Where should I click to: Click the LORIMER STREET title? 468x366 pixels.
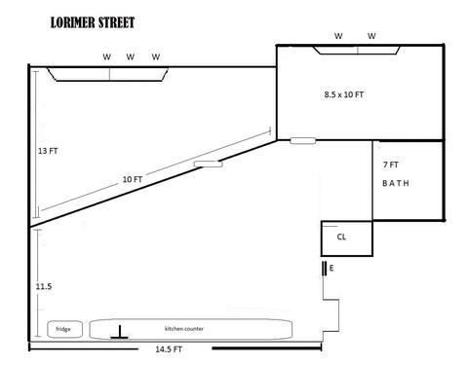(x=93, y=22)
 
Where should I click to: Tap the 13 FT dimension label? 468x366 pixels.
(x=48, y=151)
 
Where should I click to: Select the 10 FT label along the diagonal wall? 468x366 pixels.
(x=133, y=179)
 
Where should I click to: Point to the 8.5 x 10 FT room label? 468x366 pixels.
(x=344, y=94)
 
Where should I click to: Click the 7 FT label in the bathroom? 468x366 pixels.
(x=391, y=165)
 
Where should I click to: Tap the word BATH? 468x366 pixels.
(x=396, y=183)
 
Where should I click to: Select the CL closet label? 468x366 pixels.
(x=341, y=237)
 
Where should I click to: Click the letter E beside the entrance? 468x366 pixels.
(x=331, y=268)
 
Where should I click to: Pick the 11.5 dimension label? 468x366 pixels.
(x=44, y=286)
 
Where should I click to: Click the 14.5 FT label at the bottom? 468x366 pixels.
(x=169, y=349)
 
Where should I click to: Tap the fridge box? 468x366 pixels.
(x=64, y=329)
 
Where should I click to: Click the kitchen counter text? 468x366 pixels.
(x=184, y=329)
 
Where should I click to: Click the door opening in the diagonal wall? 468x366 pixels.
(x=209, y=165)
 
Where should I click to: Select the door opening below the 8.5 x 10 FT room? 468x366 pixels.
(x=303, y=141)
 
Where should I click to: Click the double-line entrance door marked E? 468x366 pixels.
(x=324, y=269)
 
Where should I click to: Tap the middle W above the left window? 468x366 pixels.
(x=131, y=56)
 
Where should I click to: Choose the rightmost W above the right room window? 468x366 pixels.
(x=371, y=36)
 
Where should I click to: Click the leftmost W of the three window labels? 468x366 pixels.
(x=106, y=56)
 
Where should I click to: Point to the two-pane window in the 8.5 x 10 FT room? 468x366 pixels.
(x=357, y=51)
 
